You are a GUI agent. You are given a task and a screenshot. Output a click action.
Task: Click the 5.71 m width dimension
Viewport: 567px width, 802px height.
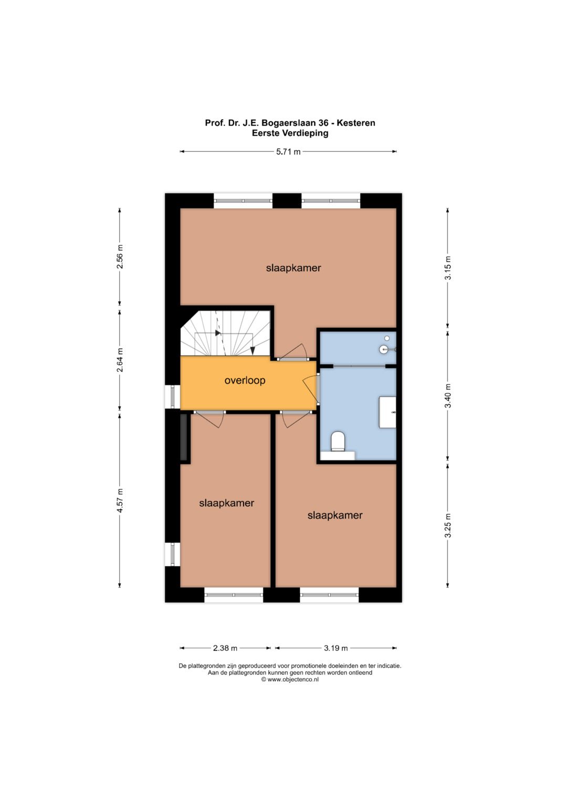[288, 151]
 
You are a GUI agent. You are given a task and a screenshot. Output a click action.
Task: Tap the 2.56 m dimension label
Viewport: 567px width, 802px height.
[120, 256]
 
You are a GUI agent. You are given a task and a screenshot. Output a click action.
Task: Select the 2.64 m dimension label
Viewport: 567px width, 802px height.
[120, 360]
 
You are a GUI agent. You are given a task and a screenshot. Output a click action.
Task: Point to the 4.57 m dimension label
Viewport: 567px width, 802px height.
[120, 501]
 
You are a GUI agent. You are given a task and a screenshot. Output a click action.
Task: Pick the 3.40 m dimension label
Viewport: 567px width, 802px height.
[448, 395]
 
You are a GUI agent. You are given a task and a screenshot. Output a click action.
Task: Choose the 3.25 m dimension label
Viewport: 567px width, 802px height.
[448, 525]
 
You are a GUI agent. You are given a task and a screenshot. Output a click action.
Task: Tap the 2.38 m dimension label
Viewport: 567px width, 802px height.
[225, 648]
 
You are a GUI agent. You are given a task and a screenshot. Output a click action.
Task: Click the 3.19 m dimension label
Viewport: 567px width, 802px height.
[336, 648]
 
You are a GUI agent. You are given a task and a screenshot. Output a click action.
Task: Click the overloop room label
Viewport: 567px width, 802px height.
[245, 380]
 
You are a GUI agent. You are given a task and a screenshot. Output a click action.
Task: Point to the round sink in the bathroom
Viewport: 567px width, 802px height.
[383, 349]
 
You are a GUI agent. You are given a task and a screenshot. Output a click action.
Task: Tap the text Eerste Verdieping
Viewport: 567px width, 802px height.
[290, 133]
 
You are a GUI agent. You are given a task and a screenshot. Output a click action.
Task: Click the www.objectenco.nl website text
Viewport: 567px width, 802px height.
[293, 679]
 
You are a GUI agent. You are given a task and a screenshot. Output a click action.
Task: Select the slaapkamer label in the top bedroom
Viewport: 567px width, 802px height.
[293, 268]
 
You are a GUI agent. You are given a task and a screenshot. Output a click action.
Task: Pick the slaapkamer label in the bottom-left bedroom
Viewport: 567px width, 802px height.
[227, 503]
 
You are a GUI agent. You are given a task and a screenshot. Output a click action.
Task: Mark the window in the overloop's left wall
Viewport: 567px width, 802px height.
[173, 397]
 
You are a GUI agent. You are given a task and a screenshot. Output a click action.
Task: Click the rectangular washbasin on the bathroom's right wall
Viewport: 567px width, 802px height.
[387, 412]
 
